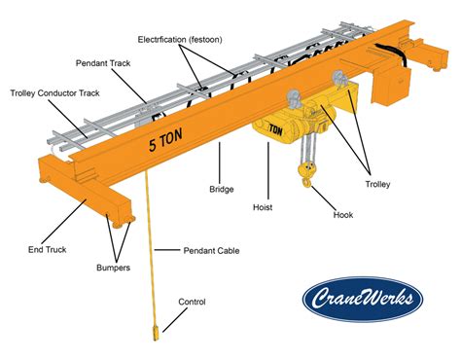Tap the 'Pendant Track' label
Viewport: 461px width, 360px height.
[103, 62]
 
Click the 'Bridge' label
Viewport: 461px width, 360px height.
[223, 188]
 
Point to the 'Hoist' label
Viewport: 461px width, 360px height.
[263, 206]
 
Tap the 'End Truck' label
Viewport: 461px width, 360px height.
[48, 250]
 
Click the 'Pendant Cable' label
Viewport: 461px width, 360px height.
[211, 250]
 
